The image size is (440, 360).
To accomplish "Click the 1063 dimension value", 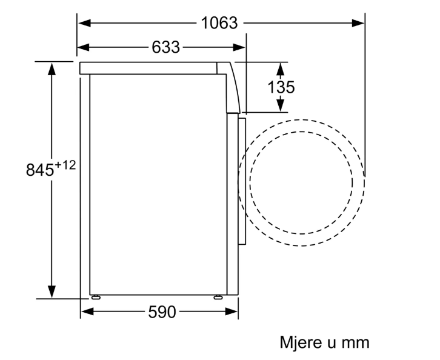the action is (x=219, y=23).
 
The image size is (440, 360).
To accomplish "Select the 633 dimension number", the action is (x=165, y=47).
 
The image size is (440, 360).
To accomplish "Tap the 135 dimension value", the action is (x=281, y=87).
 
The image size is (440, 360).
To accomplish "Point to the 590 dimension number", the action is (x=162, y=312).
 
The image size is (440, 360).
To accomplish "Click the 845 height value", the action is (x=39, y=170).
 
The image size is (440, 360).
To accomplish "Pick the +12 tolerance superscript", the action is (x=65, y=165).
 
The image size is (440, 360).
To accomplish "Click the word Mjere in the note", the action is (x=301, y=342).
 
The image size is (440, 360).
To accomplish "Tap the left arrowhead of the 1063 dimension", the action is (x=84, y=23).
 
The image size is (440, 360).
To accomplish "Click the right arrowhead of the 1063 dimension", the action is (x=358, y=23).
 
